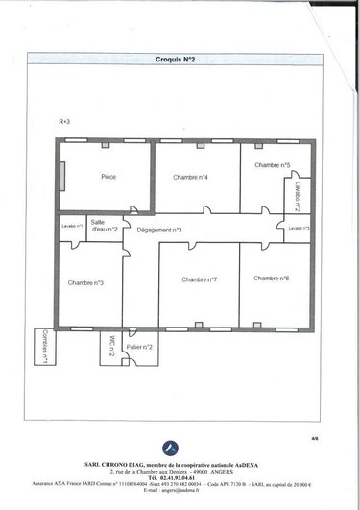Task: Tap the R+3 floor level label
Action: coord(64,123)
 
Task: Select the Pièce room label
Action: coord(108,177)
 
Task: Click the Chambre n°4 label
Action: coord(191,177)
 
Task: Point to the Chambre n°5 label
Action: coord(272,165)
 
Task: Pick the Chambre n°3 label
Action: coord(86,282)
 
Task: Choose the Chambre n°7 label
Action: coord(199,279)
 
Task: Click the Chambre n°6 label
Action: coord(272,278)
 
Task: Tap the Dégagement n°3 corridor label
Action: coord(159,231)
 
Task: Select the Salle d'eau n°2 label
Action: coord(104,226)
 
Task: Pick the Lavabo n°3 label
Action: coord(300,228)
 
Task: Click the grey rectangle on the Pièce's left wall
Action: coord(60,178)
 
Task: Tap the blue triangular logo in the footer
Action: coord(170,446)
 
